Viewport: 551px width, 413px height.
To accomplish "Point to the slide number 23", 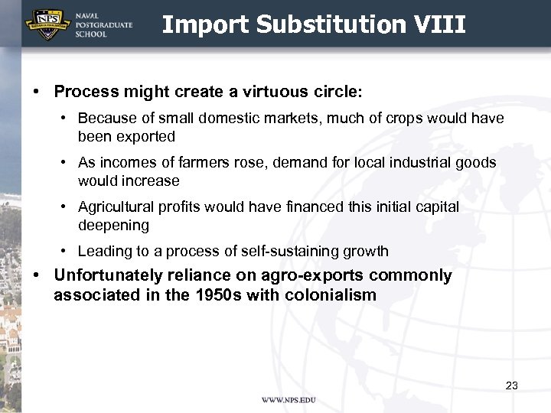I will pos(512,385).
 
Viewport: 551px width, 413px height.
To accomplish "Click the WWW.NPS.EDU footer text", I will pos(289,400).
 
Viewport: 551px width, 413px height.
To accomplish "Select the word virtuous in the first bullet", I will pos(259,92).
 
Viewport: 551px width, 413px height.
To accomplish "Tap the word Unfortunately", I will pos(108,275).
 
